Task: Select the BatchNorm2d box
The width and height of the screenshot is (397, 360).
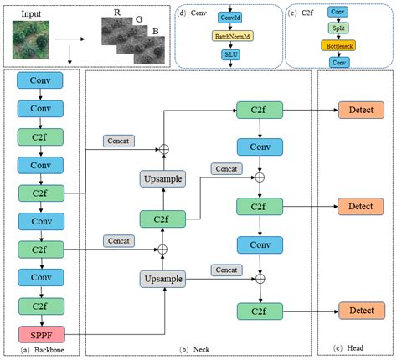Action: [x=229, y=38]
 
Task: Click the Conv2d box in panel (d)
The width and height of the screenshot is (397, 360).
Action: [x=229, y=18]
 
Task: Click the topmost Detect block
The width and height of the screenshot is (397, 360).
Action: [x=360, y=110]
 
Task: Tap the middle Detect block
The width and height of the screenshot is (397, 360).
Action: [x=360, y=205]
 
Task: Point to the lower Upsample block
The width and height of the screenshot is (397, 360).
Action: [x=163, y=277]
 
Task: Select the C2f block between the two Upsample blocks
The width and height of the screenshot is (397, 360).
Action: [x=163, y=219]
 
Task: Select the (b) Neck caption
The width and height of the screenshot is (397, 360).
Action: [x=200, y=347]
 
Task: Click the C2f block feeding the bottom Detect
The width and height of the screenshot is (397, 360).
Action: [x=260, y=311]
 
